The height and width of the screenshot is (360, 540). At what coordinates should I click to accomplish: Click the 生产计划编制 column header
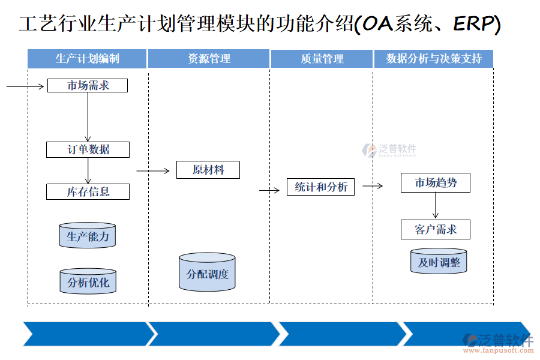click(87, 59)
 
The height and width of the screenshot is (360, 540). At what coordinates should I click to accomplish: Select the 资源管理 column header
click(209, 59)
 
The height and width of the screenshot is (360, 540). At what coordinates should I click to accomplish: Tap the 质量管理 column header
click(322, 59)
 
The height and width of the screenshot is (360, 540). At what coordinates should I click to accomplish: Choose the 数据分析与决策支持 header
click(433, 59)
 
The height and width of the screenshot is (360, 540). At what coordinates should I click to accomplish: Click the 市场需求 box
click(88, 86)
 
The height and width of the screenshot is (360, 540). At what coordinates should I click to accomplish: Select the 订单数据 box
click(88, 149)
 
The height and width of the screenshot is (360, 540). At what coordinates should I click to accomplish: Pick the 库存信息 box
click(88, 192)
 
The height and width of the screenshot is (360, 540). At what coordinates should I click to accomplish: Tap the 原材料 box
click(208, 170)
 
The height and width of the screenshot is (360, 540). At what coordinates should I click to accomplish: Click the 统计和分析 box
click(320, 187)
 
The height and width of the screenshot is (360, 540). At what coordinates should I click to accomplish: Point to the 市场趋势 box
click(435, 183)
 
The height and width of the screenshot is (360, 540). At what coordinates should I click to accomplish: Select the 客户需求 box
click(435, 229)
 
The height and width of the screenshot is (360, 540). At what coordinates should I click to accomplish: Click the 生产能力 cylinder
click(88, 236)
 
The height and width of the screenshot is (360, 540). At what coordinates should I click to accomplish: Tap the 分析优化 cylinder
click(88, 281)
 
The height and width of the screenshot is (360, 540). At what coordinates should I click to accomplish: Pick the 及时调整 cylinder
click(439, 262)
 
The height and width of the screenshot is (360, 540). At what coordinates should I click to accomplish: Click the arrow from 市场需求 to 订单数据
click(88, 117)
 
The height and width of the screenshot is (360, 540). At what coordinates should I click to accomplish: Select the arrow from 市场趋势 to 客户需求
click(436, 206)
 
